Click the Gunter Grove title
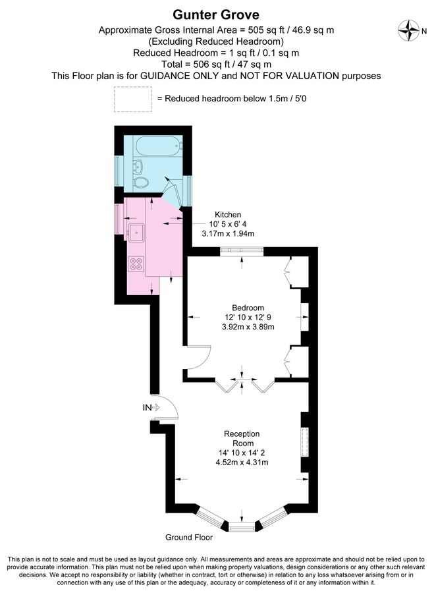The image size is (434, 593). tap(216, 14)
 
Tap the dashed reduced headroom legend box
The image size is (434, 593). tap(132, 99)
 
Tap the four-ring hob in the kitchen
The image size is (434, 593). tap(137, 264)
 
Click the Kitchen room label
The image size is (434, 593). tap(228, 215)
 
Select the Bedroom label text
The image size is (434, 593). tap(248, 308)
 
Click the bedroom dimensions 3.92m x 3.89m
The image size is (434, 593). tap(248, 326)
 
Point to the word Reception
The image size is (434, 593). tap(242, 434)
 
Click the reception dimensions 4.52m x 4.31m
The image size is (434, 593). tap(242, 462)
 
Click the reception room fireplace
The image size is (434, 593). tap(305, 442)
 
